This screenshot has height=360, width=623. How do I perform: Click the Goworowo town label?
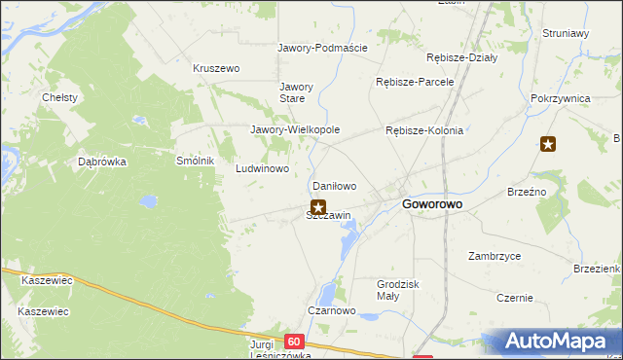pos(432,205)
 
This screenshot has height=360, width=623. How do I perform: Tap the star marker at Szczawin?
pos(317,206)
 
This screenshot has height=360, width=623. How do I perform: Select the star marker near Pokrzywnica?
pos(548,145)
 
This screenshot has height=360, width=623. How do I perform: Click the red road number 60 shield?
pos(295,342)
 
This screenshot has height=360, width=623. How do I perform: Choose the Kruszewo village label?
pos(216,69)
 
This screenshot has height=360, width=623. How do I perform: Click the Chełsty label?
pos(60,98)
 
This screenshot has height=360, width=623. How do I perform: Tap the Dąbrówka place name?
pos(102,162)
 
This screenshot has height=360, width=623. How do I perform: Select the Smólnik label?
pos(194,161)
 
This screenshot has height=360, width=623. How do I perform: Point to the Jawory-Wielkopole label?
pos(295,129)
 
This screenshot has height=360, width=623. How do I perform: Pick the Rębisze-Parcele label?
pos(415,82)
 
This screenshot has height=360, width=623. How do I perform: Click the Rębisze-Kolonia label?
pos(424,130)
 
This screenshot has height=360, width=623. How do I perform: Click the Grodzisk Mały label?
pos(397,290)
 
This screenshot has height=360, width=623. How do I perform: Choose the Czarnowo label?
pos(331,311)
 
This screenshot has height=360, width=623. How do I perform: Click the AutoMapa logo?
pos(556,342)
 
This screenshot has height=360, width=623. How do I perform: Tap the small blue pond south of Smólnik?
pos(148,201)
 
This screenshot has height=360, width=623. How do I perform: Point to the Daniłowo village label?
pos(333,185)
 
